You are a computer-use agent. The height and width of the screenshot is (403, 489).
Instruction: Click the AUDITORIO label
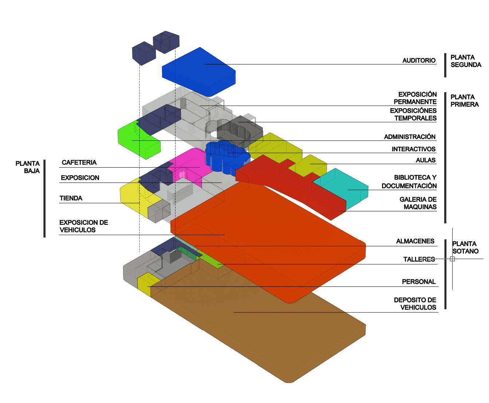coord(419,60)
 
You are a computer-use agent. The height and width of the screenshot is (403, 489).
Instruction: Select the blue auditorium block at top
coord(198,71)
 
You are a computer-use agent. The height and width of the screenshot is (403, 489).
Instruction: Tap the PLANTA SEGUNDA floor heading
coord(466,61)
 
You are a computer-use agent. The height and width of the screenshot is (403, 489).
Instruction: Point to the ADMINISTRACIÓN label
coord(410,137)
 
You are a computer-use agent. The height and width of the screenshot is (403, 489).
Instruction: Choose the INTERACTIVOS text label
coord(413,149)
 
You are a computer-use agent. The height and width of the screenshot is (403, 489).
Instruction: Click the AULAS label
coord(426,160)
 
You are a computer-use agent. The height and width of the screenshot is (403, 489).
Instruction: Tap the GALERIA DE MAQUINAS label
coord(418,203)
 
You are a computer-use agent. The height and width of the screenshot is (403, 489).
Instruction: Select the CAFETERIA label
coord(79,163)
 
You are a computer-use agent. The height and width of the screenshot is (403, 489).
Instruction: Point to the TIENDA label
coord(71,198)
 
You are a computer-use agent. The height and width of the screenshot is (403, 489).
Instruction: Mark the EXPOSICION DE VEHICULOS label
coord(83,226)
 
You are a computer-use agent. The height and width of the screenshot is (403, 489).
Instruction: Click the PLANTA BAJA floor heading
coord(28,167)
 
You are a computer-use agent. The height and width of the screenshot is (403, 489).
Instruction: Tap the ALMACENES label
coord(415,241)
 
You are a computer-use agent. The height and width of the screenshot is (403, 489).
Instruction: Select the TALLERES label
coord(419,259)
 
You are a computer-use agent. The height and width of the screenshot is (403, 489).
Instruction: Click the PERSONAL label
coord(419,282)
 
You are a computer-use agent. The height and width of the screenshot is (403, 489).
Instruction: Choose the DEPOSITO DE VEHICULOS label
coord(415,304)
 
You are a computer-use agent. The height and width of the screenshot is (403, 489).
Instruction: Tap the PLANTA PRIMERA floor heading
coord(465,101)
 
